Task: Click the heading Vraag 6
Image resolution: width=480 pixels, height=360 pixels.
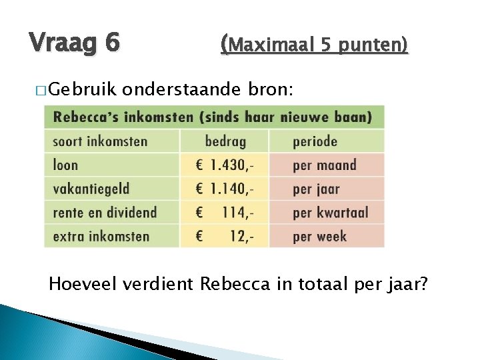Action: tap(74, 44)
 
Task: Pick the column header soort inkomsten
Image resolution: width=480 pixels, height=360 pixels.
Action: tap(100, 141)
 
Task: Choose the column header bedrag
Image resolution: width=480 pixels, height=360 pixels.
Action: tap(225, 141)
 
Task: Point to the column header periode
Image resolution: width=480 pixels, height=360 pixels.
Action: tap(315, 141)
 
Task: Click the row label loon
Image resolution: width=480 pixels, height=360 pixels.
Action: tap(65, 165)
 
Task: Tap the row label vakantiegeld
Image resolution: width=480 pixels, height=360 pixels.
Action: tap(91, 189)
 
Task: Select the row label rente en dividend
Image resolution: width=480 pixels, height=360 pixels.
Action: tap(105, 213)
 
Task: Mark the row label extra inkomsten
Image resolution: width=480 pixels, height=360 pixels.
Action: tap(101, 237)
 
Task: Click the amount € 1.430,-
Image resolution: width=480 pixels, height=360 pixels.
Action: tap(225, 165)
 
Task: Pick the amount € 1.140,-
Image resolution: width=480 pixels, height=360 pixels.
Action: tap(225, 189)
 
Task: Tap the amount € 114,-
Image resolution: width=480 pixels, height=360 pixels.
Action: tap(225, 213)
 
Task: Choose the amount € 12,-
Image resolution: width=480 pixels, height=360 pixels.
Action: tap(225, 237)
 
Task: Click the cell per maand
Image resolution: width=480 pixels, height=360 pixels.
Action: tap(325, 165)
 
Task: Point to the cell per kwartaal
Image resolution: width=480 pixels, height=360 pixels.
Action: tap(330, 213)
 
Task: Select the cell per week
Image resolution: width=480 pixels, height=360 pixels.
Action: tap(319, 237)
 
